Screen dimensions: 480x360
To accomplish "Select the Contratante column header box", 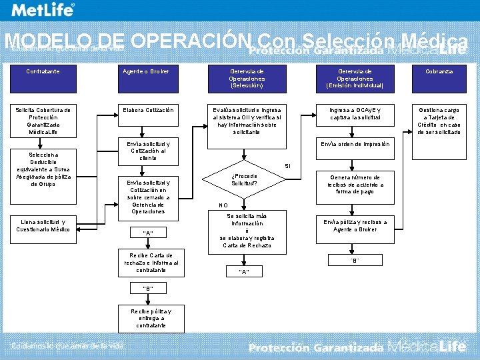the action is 43,71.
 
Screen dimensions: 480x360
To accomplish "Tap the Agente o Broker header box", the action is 145,71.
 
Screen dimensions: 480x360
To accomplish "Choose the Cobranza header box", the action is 440,71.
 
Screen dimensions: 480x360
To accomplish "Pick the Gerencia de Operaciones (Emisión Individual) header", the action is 355,78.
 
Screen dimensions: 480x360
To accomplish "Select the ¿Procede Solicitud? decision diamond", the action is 245,179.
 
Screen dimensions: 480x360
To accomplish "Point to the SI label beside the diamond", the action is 288,165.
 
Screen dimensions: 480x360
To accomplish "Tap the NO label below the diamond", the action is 224,205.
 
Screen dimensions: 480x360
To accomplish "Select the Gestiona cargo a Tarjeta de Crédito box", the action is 440,121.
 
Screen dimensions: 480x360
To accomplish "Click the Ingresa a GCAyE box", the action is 355,113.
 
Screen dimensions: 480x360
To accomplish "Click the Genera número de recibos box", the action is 355,185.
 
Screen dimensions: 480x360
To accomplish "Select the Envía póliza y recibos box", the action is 355,225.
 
